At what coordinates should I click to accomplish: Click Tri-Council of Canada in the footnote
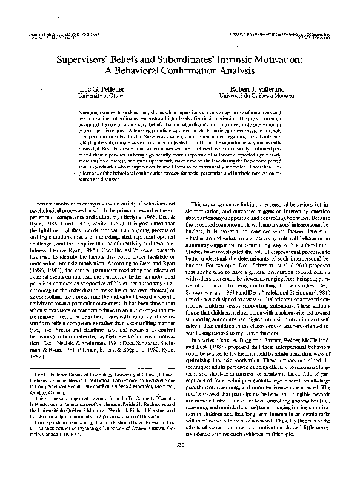coord(153,417)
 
